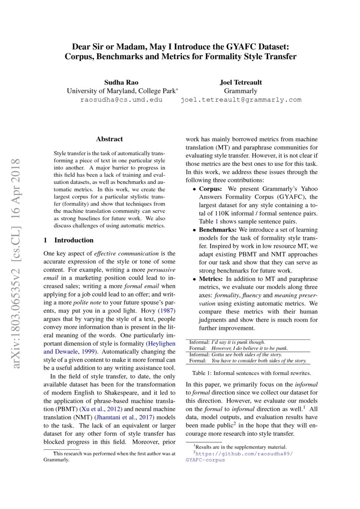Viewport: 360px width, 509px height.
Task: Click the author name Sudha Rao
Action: (122, 82)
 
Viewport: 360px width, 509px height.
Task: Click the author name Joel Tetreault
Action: (241, 82)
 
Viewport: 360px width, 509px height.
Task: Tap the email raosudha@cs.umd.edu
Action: (121, 100)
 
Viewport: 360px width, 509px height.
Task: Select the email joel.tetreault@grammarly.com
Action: (241, 100)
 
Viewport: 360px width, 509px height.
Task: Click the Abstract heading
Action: (109, 139)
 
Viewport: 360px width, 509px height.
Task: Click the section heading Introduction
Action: (74, 240)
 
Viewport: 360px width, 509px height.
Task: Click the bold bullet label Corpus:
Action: (211, 189)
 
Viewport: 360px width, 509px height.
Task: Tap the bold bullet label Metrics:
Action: (212, 279)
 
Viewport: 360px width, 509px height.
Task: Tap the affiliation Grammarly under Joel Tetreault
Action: (240, 91)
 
